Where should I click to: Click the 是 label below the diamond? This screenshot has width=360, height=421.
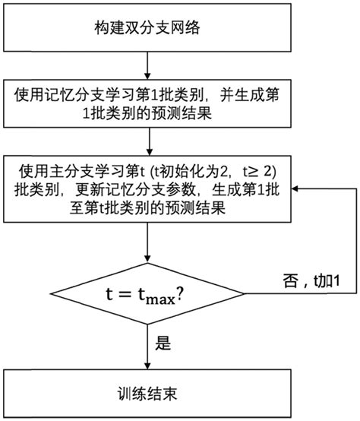pyautogui.click(x=163, y=343)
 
